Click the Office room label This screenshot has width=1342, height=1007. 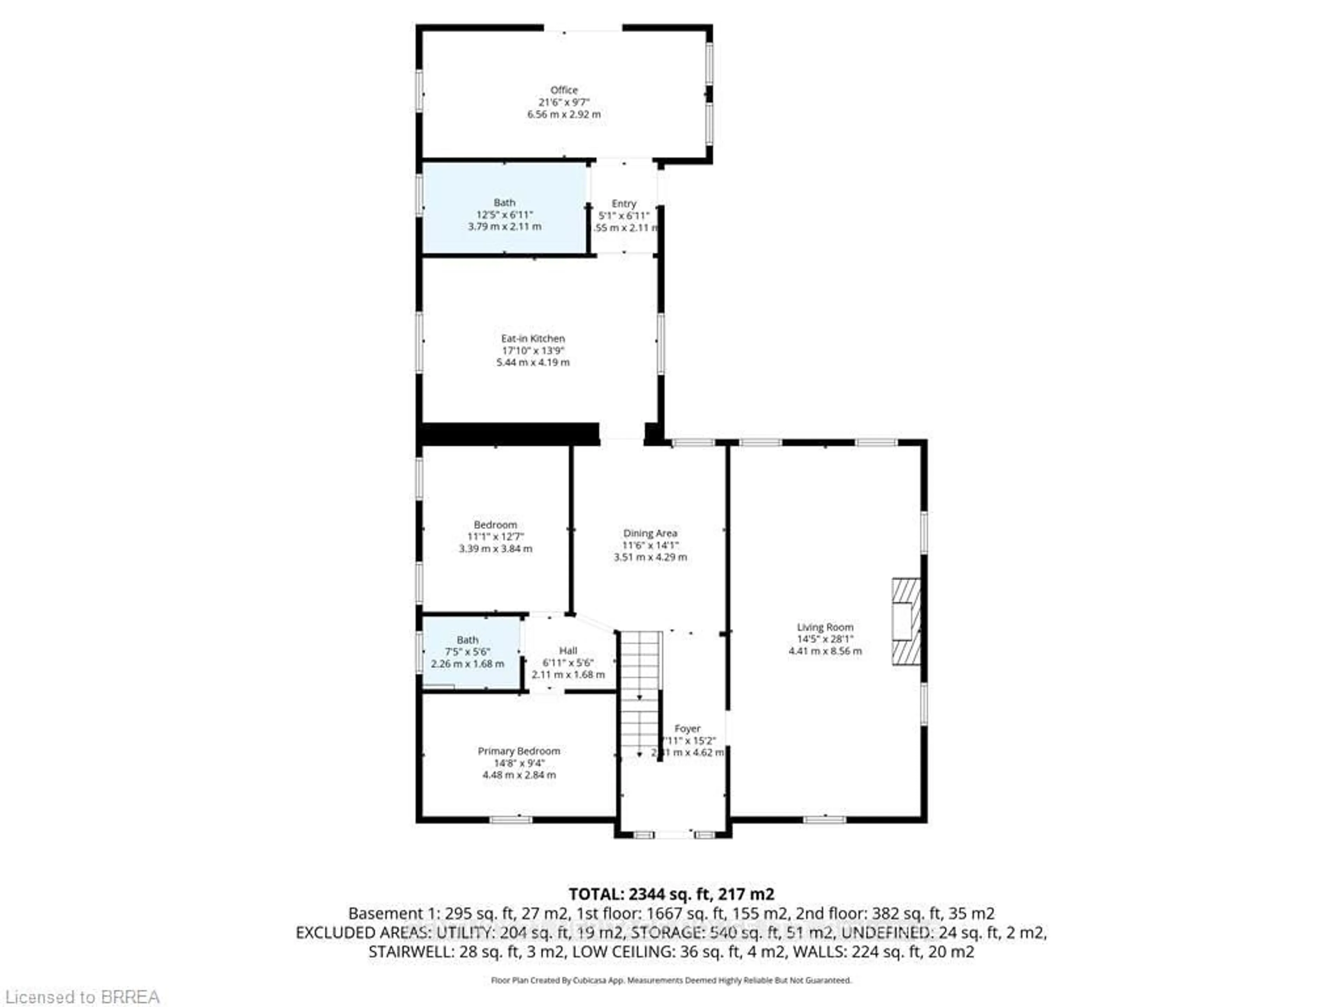pyautogui.click(x=564, y=90)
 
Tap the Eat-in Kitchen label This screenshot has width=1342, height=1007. pyautogui.click(x=533, y=339)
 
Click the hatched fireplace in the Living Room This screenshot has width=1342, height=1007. pyautogui.click(x=905, y=622)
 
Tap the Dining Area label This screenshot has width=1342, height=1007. pyautogui.click(x=650, y=534)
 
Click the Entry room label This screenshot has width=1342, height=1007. pyautogui.click(x=624, y=204)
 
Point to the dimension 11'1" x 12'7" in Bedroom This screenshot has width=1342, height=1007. pyautogui.click(x=495, y=537)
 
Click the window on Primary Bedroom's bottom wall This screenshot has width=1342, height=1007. pyautogui.click(x=511, y=820)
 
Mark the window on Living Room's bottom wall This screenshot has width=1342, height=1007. pyautogui.click(x=824, y=820)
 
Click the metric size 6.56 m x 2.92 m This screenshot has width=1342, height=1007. pyautogui.click(x=564, y=114)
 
